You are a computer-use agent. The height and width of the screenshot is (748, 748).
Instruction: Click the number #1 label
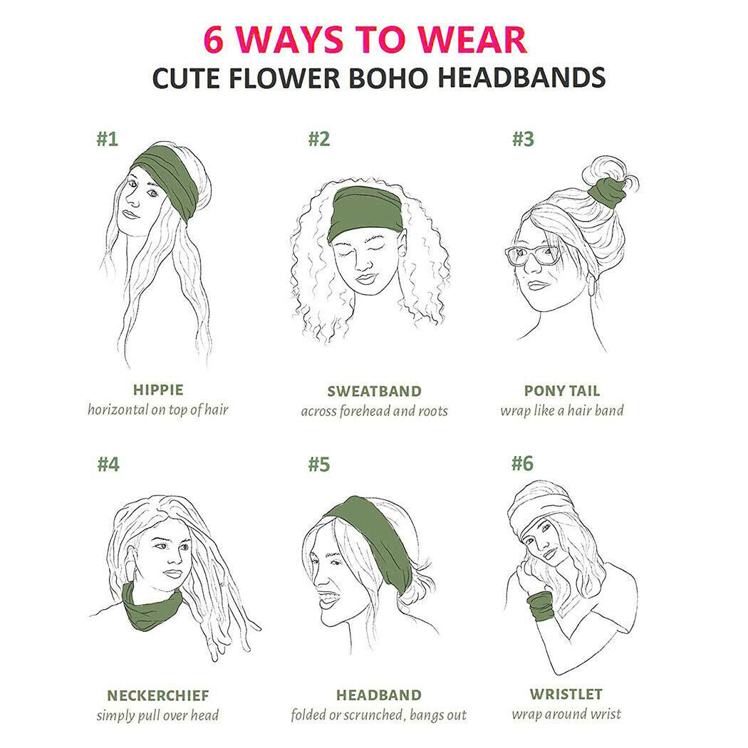point(107,138)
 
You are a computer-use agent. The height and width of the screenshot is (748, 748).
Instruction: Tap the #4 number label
point(108,464)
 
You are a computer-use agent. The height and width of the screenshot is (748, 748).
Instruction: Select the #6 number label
point(522,463)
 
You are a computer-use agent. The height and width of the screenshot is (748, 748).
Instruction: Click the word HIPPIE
point(158,390)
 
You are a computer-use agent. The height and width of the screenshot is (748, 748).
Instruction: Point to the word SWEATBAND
point(374,391)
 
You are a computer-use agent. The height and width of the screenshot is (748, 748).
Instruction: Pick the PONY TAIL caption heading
point(561,390)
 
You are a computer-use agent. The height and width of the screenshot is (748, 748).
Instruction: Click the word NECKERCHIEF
point(157,695)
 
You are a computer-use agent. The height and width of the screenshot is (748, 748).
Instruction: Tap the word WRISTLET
point(566,694)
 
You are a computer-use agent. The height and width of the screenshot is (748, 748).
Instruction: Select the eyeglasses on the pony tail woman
point(532,254)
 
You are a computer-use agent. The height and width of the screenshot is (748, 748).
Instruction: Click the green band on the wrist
point(540,606)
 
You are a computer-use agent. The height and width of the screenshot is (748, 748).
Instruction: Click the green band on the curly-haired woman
point(367,212)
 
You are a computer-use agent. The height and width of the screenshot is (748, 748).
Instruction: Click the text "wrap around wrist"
point(566,714)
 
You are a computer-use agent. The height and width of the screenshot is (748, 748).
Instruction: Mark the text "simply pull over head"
point(157,715)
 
